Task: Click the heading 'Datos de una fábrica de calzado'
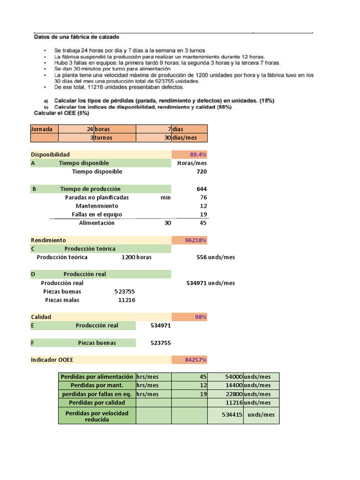(x=76, y=36)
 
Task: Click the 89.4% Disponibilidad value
(x=198, y=155)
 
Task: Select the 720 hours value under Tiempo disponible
(x=201, y=172)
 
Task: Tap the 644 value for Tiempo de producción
(x=201, y=189)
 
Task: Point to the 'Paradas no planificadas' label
(x=97, y=197)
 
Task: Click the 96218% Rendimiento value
(x=195, y=240)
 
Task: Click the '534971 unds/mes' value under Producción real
(x=210, y=283)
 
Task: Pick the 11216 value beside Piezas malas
(x=127, y=300)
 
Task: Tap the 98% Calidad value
(x=201, y=317)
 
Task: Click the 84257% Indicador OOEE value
(x=195, y=360)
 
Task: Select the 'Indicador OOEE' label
(x=52, y=360)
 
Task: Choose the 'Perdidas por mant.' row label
(x=97, y=385)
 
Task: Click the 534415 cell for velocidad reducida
(x=232, y=415)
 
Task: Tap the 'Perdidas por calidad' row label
(x=97, y=403)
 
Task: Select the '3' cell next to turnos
(x=91, y=138)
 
